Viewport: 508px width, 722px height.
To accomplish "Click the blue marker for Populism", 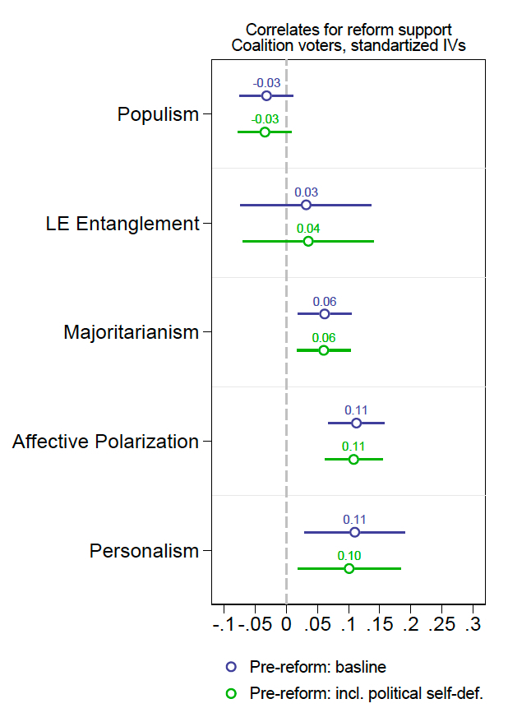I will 266,95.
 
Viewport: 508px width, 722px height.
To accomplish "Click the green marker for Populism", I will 265,132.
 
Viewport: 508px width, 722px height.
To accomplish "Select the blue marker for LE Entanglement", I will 306,205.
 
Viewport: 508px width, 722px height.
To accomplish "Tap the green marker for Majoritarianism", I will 323,350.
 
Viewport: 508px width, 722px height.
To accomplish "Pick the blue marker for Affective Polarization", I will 356,423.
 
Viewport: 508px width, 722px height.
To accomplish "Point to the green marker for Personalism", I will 349,568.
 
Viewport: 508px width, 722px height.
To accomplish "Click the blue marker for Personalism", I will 354,532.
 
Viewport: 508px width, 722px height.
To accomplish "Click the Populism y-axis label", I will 158,114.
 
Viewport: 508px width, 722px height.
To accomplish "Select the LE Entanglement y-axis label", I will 122,224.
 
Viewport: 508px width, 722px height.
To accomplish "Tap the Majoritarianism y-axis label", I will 131,332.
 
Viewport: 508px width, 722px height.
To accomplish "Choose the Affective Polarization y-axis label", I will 105,442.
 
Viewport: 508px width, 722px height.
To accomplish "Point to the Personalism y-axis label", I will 144,551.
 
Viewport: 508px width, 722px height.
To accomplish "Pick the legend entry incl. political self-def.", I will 366,693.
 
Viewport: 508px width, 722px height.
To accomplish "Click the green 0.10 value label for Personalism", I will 349,555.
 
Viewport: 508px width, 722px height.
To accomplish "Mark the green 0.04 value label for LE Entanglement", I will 308,229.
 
